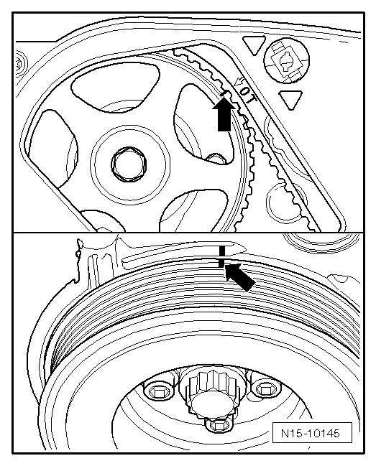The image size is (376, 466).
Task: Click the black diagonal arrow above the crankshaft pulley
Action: click(x=240, y=276)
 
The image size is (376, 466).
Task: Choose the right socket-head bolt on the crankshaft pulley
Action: click(x=265, y=388)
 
